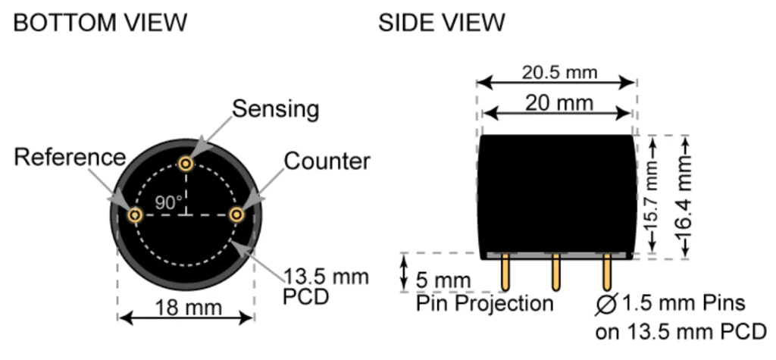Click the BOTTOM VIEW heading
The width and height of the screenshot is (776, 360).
(101, 23)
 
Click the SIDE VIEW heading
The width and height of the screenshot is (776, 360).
(442, 23)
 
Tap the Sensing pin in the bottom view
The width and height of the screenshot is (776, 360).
(186, 163)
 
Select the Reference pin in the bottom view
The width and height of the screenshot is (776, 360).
(135, 215)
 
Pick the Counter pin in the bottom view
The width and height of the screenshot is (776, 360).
(237, 215)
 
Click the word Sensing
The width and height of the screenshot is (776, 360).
(276, 109)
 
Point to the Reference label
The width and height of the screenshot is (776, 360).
(70, 158)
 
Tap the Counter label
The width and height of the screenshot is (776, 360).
(327, 161)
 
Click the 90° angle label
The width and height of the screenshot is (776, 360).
(169, 202)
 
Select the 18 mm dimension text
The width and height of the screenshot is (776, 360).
(189, 308)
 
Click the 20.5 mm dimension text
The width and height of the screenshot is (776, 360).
(560, 73)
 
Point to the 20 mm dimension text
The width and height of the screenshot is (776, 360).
(559, 103)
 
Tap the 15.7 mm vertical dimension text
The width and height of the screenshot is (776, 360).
(652, 195)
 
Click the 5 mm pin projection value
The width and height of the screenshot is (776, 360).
(443, 280)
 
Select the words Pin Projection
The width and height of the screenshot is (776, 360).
(484, 303)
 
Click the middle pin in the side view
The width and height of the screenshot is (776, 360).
(555, 272)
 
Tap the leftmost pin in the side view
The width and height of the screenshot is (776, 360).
(505, 272)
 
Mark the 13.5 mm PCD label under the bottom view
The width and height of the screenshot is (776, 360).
(326, 286)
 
